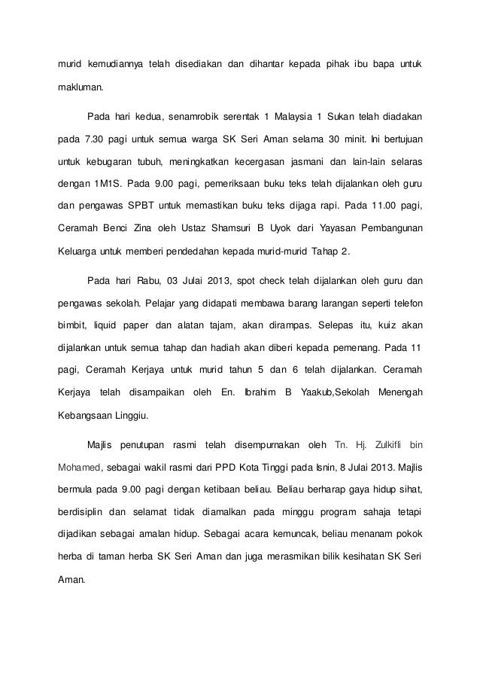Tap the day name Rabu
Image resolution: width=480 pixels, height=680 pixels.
pyautogui.click(x=146, y=282)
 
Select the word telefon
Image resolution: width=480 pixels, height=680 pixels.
pyautogui.click(x=404, y=303)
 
